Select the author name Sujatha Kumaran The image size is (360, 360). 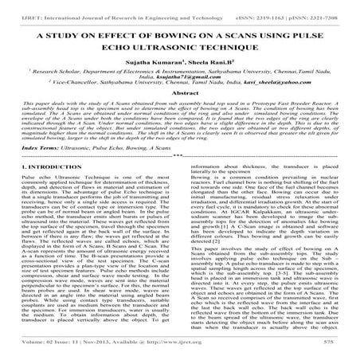tap(146, 69)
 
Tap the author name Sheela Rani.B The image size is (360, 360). tap(209, 69)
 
